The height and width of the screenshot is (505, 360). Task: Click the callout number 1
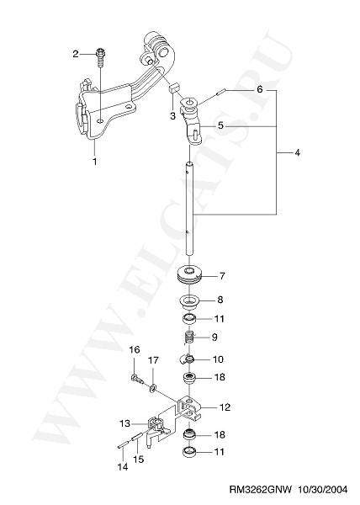(x=95, y=162)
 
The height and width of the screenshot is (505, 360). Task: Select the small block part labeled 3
(x=175, y=88)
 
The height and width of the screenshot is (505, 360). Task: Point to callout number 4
(x=297, y=152)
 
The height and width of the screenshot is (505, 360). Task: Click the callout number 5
(x=220, y=125)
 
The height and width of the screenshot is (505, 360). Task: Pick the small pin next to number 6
(x=221, y=92)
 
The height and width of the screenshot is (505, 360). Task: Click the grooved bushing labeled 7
(x=190, y=275)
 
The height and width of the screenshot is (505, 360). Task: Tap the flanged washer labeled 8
(x=190, y=300)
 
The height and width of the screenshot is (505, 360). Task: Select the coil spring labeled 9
(x=190, y=337)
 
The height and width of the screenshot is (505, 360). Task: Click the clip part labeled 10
(x=187, y=359)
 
